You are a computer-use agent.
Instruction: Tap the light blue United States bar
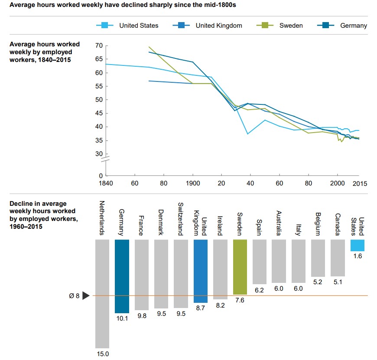(x=357, y=245)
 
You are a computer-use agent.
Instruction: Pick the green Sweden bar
(x=240, y=266)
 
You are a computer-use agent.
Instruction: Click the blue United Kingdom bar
(x=201, y=271)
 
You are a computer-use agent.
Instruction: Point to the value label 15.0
(x=102, y=354)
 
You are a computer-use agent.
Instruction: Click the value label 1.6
(x=357, y=257)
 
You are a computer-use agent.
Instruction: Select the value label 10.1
(x=122, y=319)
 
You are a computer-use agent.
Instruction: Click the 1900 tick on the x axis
(x=193, y=183)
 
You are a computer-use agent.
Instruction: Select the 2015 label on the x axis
(x=359, y=183)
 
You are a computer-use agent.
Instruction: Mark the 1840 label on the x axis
(x=106, y=183)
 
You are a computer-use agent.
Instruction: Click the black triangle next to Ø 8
(x=85, y=296)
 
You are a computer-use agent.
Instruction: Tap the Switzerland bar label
(x=181, y=219)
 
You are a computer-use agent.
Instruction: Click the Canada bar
(x=338, y=258)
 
